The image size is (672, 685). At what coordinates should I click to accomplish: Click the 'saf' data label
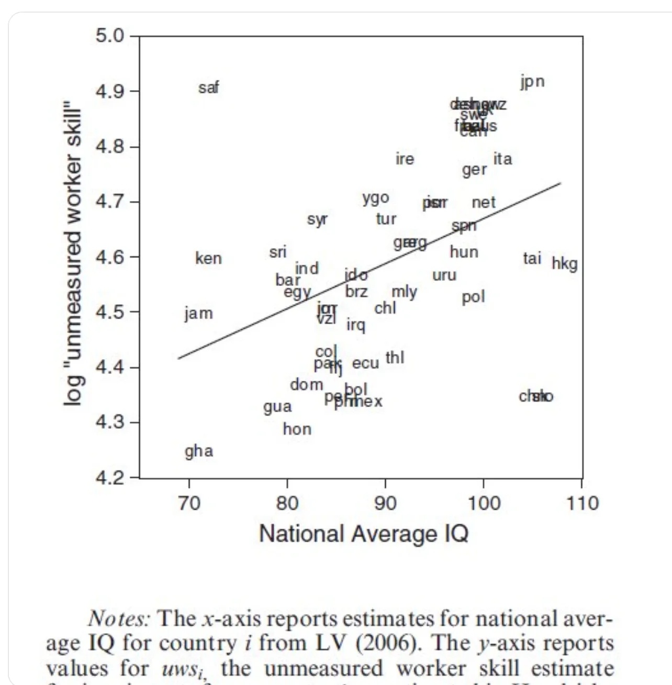(208, 87)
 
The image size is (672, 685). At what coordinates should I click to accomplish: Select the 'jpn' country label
(532, 82)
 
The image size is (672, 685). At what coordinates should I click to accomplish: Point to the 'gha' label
(199, 451)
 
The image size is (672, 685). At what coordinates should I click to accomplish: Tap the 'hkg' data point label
(564, 263)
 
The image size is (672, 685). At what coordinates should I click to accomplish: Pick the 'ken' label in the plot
(208, 258)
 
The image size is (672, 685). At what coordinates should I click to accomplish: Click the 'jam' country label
(198, 313)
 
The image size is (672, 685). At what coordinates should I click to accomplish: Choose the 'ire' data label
(405, 159)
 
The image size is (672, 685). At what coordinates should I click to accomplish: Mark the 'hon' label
(297, 429)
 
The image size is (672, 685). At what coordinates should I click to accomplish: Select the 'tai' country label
(532, 258)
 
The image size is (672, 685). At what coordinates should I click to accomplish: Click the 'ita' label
(502, 159)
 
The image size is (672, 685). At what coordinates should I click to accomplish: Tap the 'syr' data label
(317, 219)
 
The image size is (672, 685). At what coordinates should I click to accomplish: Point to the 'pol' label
(473, 297)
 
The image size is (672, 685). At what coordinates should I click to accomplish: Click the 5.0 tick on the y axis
(110, 36)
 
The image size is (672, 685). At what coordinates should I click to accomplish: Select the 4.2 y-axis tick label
(110, 478)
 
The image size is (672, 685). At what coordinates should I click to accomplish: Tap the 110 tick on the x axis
(582, 503)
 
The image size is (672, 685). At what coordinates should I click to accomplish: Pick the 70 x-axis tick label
(189, 503)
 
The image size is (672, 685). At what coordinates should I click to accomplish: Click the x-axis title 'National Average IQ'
(364, 534)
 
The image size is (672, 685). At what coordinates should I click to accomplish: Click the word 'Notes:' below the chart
(119, 618)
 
